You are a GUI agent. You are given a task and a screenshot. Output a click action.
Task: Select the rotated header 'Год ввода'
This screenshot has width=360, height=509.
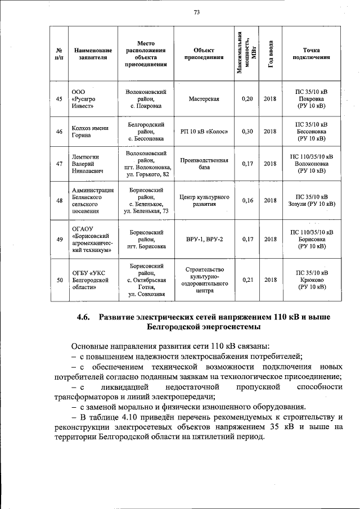click(271, 54)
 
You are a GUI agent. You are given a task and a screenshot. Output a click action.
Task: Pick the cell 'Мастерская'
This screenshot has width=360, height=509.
click(204, 99)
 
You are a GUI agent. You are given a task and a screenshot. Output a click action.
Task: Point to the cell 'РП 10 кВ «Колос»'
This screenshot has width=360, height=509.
click(204, 132)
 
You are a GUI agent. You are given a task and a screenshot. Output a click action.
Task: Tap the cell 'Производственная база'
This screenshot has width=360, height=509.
click(204, 164)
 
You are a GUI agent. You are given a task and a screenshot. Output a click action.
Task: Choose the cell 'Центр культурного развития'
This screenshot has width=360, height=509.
click(204, 200)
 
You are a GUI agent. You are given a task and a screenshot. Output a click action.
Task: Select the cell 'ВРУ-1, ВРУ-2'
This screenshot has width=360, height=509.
click(204, 239)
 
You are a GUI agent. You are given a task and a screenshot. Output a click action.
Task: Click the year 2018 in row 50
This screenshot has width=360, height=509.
click(271, 280)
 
